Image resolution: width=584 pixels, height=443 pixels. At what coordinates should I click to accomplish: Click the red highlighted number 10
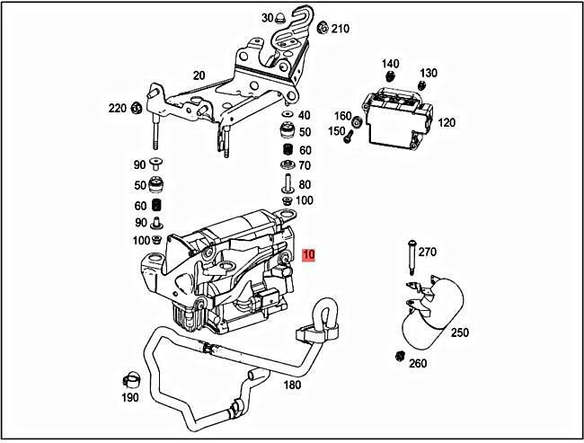coord(309,254)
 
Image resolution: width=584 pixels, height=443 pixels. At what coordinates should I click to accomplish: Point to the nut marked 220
coord(135,110)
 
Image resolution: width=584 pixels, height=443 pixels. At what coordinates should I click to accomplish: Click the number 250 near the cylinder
coord(459,332)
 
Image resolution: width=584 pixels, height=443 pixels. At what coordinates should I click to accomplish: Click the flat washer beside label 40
coord(286,115)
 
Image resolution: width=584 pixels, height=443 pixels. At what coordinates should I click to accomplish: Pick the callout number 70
coord(305,166)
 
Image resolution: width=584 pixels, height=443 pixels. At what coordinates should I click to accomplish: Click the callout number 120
coord(447,122)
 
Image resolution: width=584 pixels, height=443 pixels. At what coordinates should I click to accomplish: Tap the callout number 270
coord(427,252)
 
